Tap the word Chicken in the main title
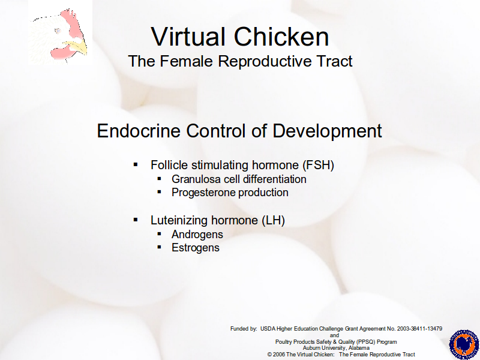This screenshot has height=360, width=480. [281, 37]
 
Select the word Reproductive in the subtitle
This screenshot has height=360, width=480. [265, 61]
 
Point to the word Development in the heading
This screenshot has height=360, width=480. [327, 131]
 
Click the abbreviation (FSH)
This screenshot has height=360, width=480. [318, 165]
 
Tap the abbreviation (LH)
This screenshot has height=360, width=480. [273, 220]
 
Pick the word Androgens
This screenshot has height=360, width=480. [197, 235]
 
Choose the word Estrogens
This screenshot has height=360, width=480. [196, 248]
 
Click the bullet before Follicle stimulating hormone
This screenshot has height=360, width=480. [136, 165]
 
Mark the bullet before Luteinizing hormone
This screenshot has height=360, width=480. [136, 220]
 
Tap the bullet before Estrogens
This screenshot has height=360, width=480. [159, 247]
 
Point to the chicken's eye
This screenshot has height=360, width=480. [57, 31]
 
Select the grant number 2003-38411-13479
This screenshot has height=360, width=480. [419, 329]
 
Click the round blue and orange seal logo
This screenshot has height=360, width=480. [464, 344]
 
